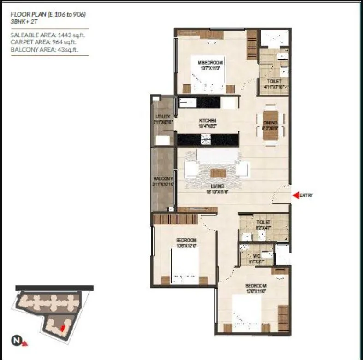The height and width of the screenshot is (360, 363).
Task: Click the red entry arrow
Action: (296, 195)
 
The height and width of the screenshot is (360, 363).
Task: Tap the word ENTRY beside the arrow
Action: (306, 195)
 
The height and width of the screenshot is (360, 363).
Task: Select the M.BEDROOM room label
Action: (210, 63)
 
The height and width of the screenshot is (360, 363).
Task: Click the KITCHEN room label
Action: (208, 121)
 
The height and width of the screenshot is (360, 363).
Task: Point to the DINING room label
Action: (271, 123)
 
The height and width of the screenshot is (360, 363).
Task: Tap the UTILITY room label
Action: (163, 117)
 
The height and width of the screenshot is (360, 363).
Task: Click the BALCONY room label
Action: (163, 179)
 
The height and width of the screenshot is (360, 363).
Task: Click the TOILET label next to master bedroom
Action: (274, 81)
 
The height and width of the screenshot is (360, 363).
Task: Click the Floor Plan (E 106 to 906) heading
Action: (48, 14)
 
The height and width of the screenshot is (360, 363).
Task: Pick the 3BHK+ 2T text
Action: (24, 21)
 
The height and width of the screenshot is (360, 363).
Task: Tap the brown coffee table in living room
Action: (218, 173)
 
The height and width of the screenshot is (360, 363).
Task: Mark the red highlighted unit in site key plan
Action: (61, 328)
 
